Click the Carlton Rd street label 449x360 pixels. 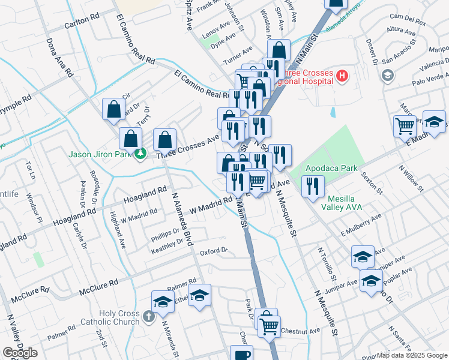pos(82,23)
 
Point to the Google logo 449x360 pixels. pos(20,353)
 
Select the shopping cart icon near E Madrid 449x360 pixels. pos(405,126)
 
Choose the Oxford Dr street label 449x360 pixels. pos(214,251)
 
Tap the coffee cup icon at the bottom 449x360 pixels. pos(241,355)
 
